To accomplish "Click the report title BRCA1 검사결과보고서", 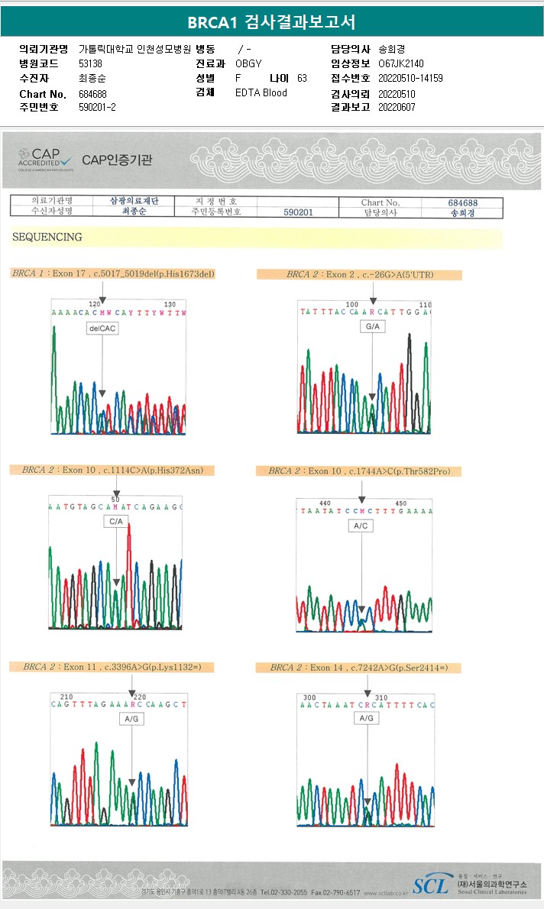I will [x=271, y=21].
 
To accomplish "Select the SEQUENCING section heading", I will [x=47, y=238].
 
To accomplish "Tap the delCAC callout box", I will [x=102, y=328].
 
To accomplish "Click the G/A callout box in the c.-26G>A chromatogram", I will [x=373, y=327].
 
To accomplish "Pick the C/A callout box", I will [x=116, y=521].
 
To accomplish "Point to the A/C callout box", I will [x=361, y=526].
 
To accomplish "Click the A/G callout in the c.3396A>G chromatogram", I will [x=131, y=719].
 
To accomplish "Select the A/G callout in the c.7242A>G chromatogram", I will [x=367, y=718].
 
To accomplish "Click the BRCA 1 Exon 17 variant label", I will [x=114, y=273].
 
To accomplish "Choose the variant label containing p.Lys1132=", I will [x=112, y=667].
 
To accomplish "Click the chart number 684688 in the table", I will [x=463, y=202].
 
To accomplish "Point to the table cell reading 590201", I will [x=298, y=212].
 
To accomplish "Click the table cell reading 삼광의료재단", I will [x=134, y=202].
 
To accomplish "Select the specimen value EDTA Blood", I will [x=261, y=93].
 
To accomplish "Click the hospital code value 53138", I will [x=90, y=63].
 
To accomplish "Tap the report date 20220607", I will [x=397, y=107].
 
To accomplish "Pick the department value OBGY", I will [x=248, y=63].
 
